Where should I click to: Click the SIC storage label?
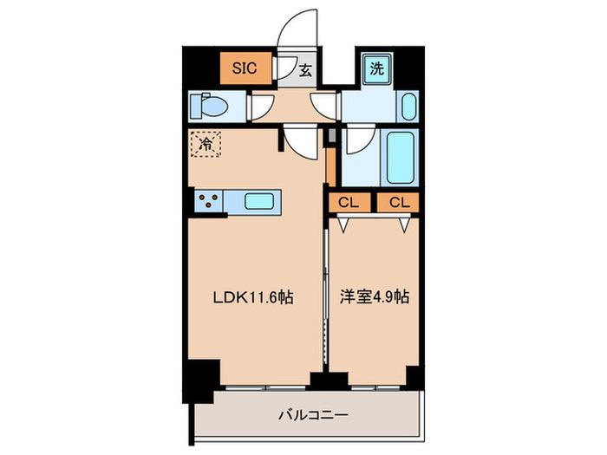(245, 68)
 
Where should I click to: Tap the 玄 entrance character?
(305, 70)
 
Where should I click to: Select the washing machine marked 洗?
(377, 68)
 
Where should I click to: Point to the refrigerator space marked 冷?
(206, 144)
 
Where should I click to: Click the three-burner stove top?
(209, 201)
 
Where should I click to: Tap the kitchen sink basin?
(259, 201)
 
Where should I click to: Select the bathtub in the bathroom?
(400, 158)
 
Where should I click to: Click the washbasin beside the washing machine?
(408, 107)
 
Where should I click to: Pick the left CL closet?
(349, 202)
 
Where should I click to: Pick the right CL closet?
(399, 202)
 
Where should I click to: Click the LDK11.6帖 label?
(253, 297)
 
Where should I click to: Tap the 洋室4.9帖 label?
(375, 296)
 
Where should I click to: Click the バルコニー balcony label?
(313, 415)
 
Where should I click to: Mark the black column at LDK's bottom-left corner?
(201, 377)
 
